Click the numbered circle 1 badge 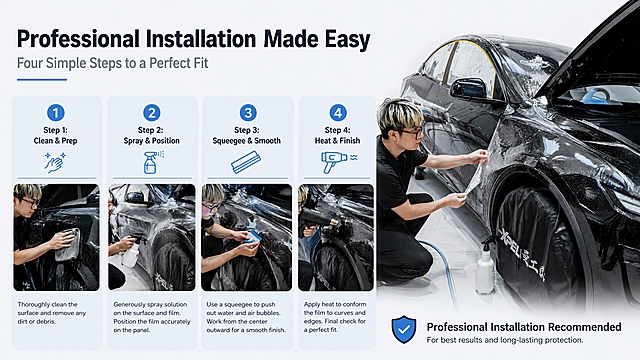(56, 113)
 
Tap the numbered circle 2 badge (152, 113)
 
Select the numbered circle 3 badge (248, 113)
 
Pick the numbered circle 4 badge (338, 113)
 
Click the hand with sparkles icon (55, 162)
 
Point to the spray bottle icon (152, 162)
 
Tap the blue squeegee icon (246, 162)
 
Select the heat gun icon (338, 162)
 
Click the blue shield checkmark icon (404, 329)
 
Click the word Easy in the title (347, 39)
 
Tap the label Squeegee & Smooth (247, 141)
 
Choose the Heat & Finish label (338, 141)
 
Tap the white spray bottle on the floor (485, 266)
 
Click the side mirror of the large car (470, 88)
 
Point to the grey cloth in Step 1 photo (68, 244)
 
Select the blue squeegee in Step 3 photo (254, 237)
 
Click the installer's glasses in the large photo (409, 132)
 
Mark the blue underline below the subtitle (42, 80)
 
